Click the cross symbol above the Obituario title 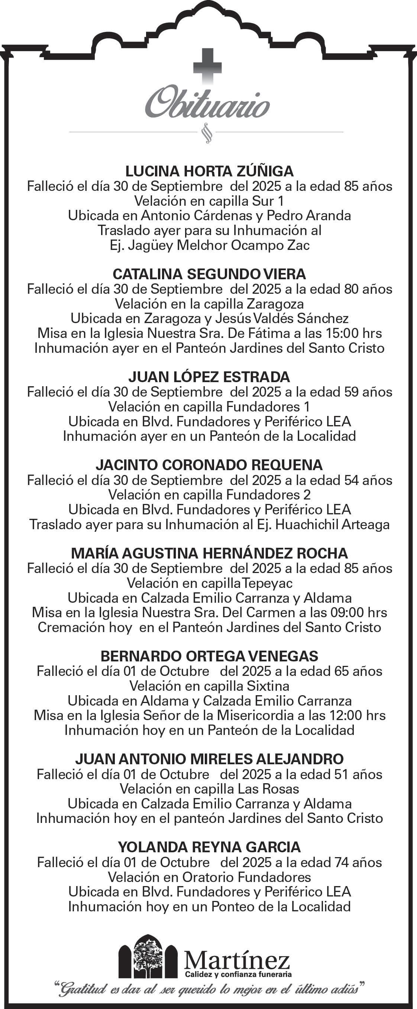(207, 65)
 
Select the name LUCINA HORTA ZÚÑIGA (209, 171)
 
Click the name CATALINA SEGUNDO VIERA (209, 274)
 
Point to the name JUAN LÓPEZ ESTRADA (209, 377)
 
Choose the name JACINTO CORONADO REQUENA (209, 465)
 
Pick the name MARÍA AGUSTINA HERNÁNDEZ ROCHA (209, 553)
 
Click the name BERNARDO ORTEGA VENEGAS (209, 656)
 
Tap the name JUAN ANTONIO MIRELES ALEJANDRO (209, 759)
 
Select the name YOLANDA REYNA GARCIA (209, 847)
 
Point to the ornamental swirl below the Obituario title (206, 134)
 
